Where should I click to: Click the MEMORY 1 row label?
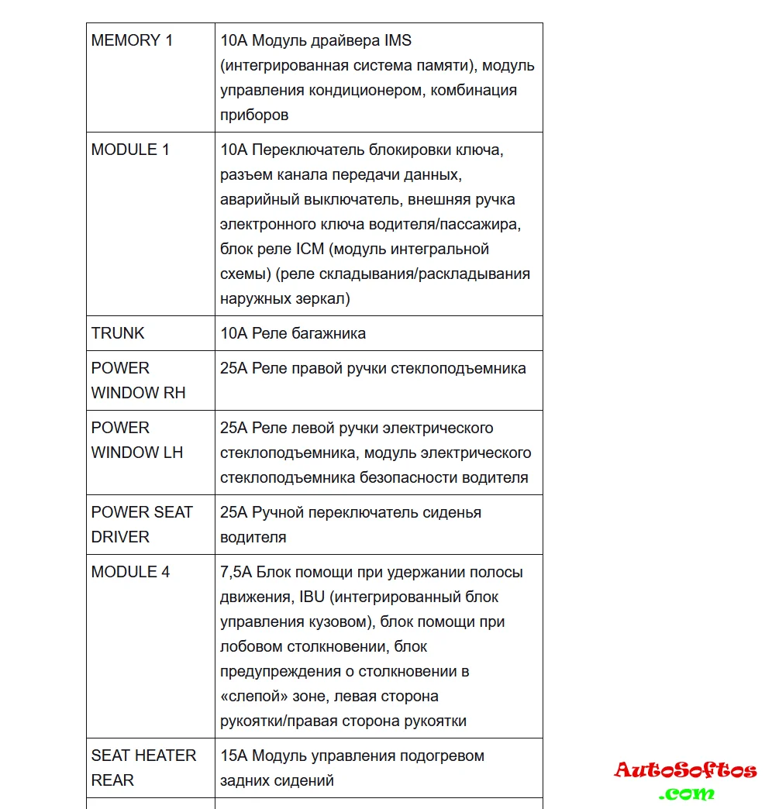pyautogui.click(x=132, y=40)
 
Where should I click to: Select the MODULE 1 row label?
pyautogui.click(x=130, y=150)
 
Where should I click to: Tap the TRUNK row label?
pyautogui.click(x=118, y=333)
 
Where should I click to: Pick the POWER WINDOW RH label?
pyautogui.click(x=138, y=380)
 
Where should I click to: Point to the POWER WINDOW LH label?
pyautogui.click(x=136, y=440)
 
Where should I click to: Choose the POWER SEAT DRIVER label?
pyautogui.click(x=142, y=524)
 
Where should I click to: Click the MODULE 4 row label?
pyautogui.click(x=130, y=572)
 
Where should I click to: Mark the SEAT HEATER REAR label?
pyautogui.click(x=143, y=767)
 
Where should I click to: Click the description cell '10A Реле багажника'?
pyautogui.click(x=293, y=333)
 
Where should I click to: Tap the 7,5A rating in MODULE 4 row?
pyautogui.click(x=236, y=572)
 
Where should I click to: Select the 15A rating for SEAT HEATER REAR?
pyautogui.click(x=234, y=756)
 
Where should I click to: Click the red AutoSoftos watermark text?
pyautogui.click(x=685, y=769)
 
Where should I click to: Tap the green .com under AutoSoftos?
pyautogui.click(x=687, y=793)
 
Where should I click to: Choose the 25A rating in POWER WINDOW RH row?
pyautogui.click(x=233, y=368)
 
